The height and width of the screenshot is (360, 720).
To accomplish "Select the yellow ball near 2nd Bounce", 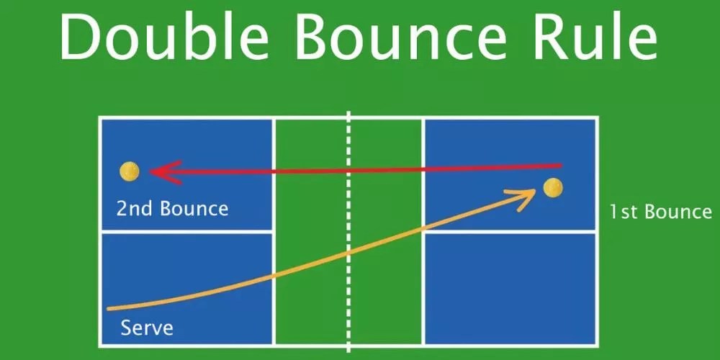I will click(x=130, y=171).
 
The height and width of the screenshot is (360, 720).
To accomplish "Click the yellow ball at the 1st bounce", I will click(x=553, y=188).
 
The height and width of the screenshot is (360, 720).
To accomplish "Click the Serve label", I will click(x=147, y=328).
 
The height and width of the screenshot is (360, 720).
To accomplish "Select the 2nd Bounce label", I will click(x=172, y=210).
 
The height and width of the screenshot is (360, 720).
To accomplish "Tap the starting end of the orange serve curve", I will click(x=109, y=308).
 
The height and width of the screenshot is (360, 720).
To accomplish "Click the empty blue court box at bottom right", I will click(x=510, y=288).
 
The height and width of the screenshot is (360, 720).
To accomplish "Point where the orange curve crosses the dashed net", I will click(x=349, y=253).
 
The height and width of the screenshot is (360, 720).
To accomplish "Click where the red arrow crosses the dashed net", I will click(x=349, y=170).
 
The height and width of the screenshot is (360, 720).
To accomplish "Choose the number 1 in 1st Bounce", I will click(x=613, y=212).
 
